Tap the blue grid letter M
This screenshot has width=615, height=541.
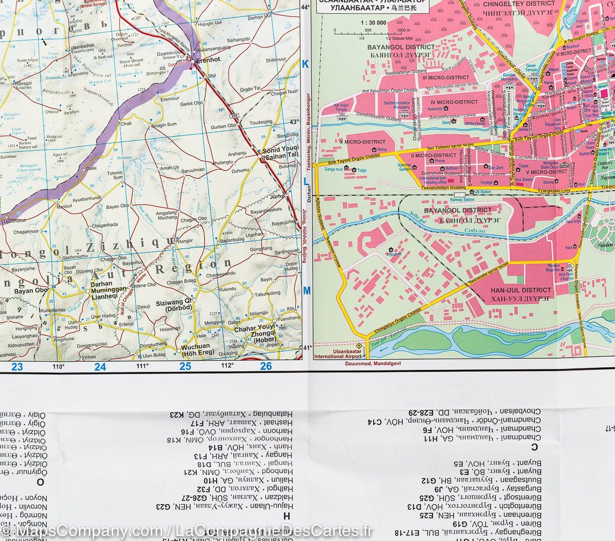[x=307, y=291]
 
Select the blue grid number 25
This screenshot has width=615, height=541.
[x=185, y=366]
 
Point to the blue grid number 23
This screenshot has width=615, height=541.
[x=17, y=366]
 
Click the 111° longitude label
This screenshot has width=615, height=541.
[x=142, y=366]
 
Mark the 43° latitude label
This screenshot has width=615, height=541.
[x=294, y=122]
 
